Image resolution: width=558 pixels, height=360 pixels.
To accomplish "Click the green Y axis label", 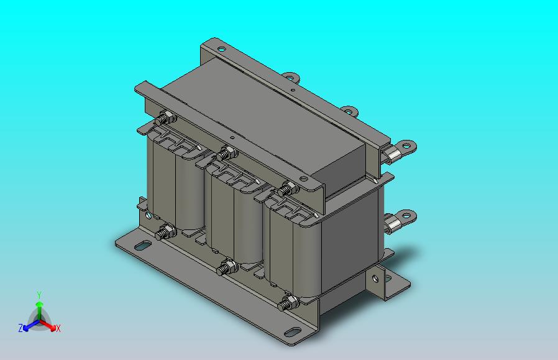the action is pos(39,295).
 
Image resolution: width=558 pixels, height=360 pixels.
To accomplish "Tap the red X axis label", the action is pos(58,328).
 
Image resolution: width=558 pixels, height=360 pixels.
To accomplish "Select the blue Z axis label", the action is pos(21,328).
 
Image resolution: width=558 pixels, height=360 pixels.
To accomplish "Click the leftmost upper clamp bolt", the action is pos(165,118).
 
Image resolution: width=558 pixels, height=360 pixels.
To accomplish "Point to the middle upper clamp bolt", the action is pos(227,154).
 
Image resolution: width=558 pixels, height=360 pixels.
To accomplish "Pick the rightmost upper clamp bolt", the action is pos(287,189).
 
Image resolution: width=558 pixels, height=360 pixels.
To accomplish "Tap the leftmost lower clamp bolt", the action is pos(165,233).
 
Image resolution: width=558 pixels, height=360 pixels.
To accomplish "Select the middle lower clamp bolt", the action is pos(227,268).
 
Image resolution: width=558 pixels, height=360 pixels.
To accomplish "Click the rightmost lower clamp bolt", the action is pos(288,303).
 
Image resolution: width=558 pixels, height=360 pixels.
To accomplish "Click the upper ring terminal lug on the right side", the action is pos(400,151).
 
